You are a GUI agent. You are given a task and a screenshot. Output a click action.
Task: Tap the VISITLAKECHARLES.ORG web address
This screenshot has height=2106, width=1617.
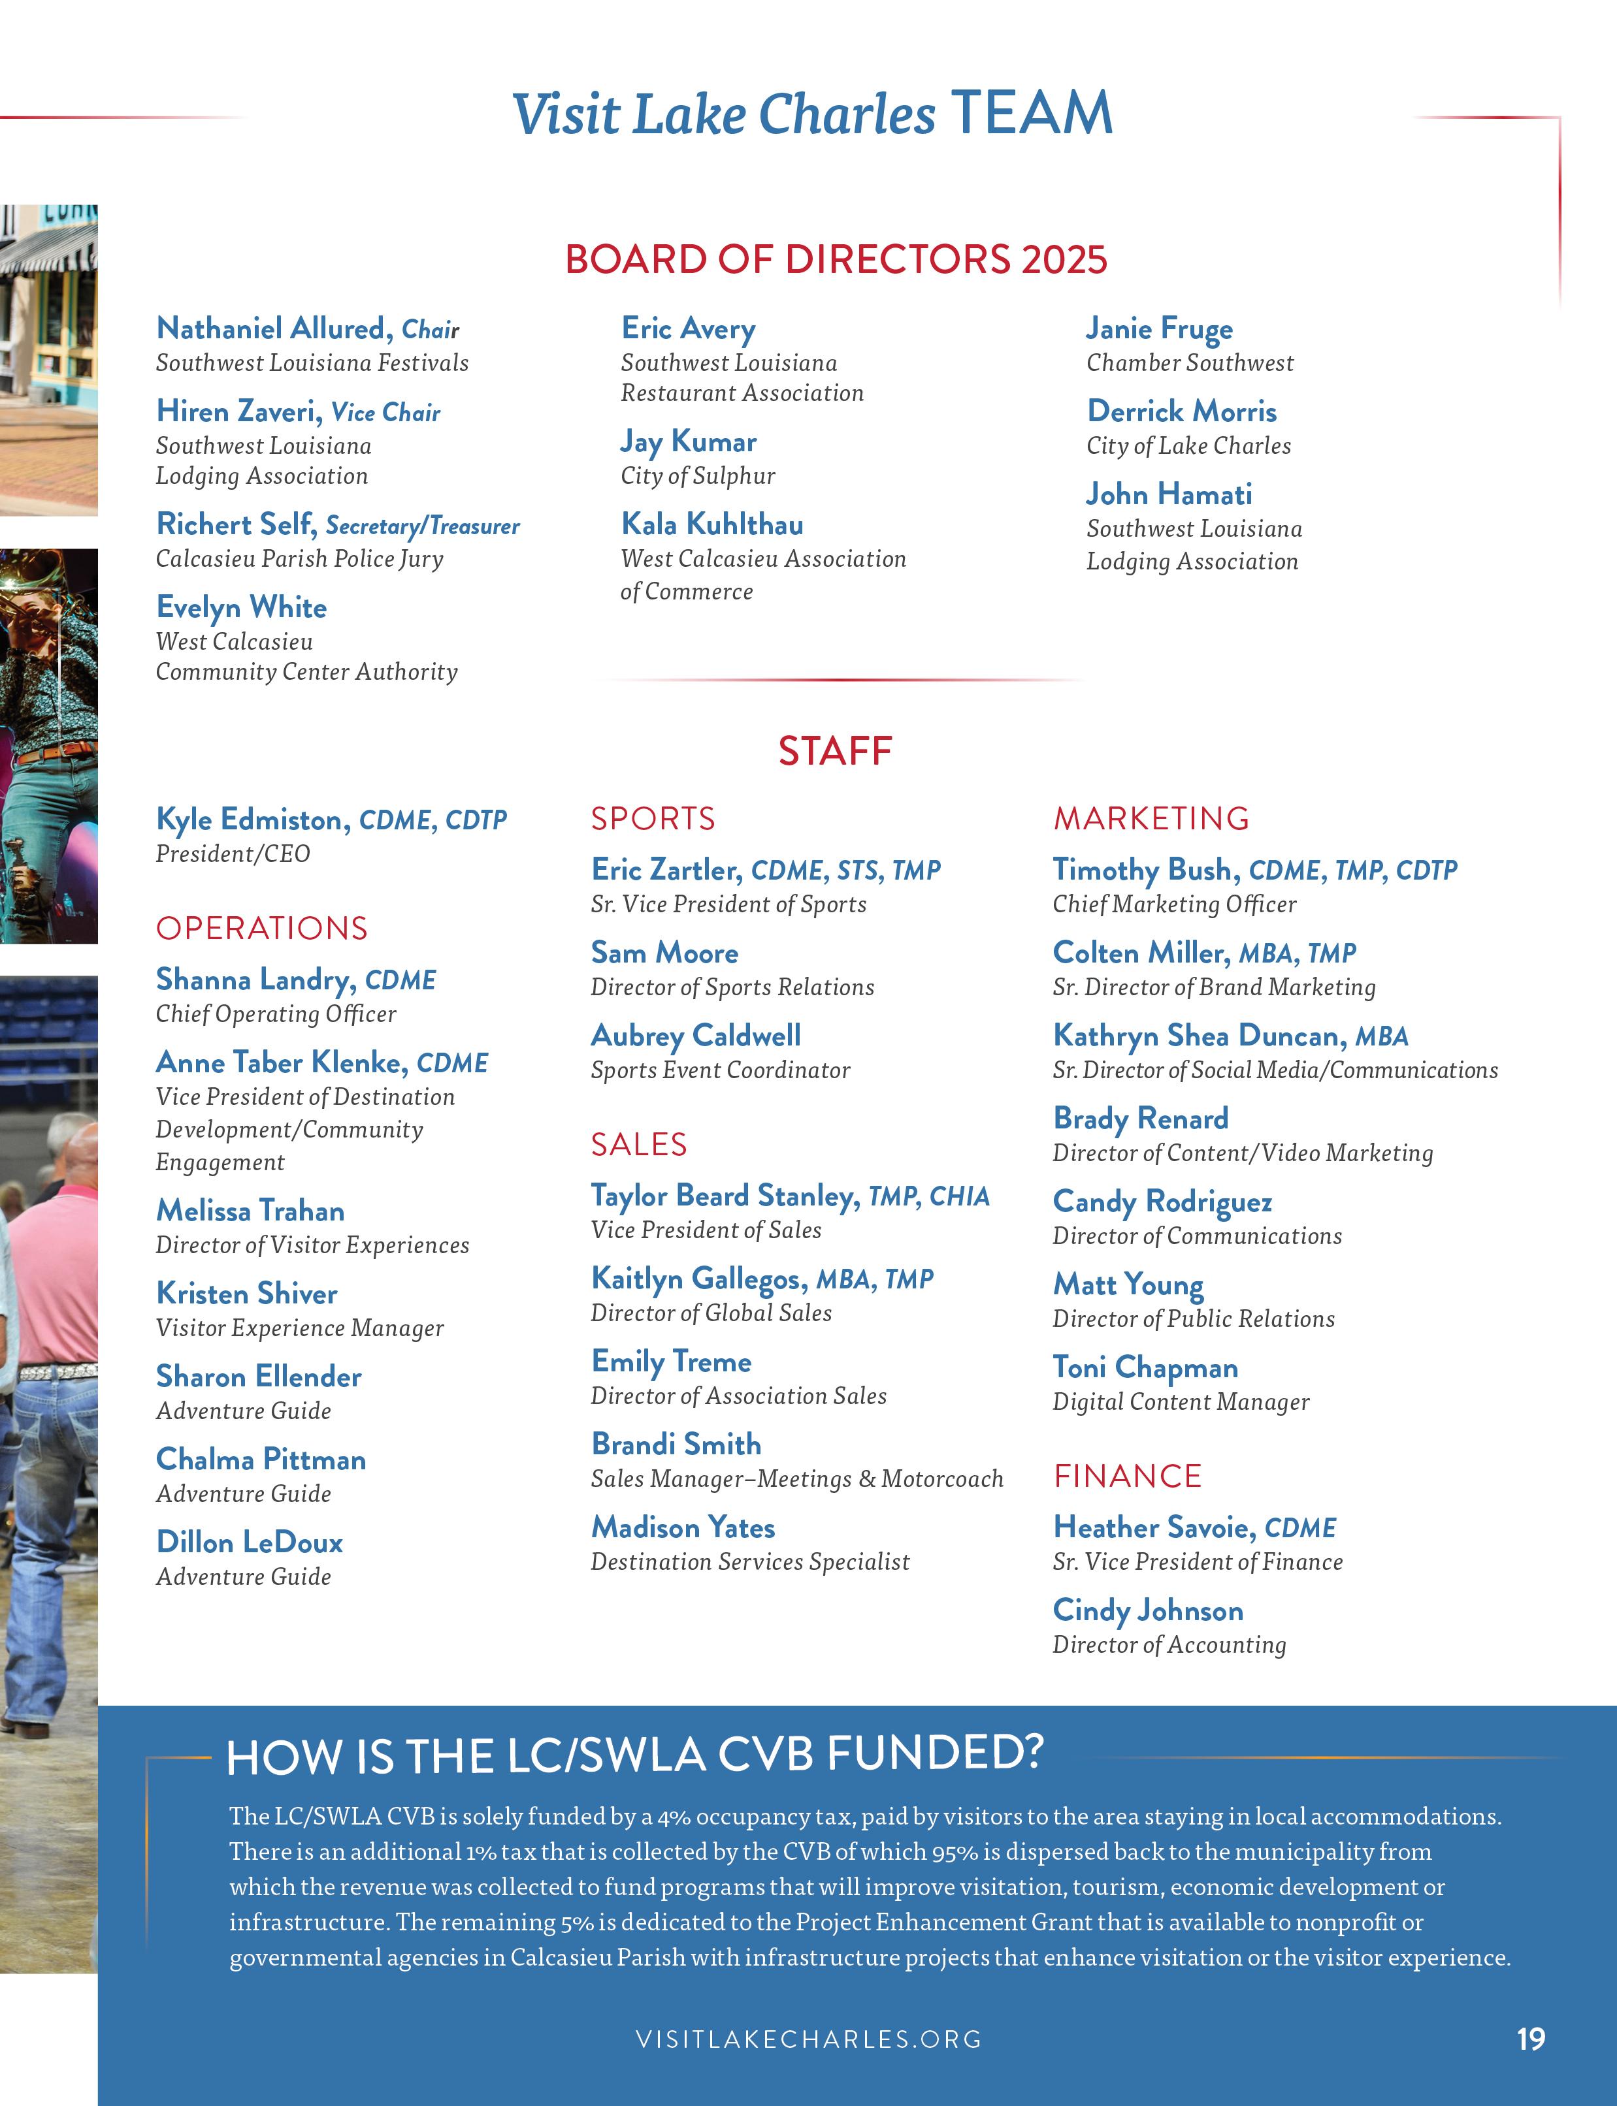coord(809,2039)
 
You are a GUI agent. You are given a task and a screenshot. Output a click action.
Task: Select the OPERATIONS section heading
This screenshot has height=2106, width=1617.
coord(262,929)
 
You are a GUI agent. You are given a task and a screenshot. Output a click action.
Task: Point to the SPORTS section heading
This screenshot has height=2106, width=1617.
coord(653,819)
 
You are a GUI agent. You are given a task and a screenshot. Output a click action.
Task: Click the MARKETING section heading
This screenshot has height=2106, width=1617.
coord(1151,819)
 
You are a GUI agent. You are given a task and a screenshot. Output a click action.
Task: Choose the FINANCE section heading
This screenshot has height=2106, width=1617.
coord(1127,1476)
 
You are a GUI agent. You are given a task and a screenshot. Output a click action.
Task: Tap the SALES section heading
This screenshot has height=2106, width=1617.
coord(638,1145)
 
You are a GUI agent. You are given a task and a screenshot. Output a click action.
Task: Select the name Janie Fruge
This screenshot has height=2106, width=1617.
coord(1159,329)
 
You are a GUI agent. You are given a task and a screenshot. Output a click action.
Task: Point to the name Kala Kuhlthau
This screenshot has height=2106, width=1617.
coord(712,524)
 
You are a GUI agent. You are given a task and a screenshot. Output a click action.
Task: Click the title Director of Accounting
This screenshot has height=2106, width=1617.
coord(1168,1645)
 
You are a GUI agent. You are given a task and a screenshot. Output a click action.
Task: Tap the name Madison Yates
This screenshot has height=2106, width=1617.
coord(683,1528)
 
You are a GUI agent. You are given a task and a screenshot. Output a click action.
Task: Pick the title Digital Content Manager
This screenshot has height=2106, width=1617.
coord(1180,1403)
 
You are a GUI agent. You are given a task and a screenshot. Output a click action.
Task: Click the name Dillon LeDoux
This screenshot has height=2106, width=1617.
coord(250,1542)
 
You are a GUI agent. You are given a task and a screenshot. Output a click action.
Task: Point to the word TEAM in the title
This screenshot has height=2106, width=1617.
coord(1031,114)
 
